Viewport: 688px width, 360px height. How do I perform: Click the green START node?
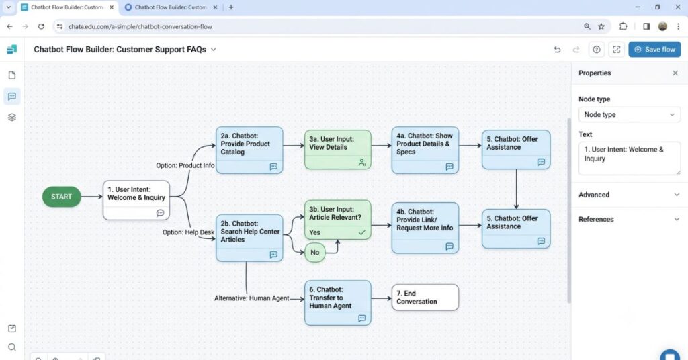pos(61,197)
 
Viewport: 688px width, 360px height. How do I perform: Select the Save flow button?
pos(654,50)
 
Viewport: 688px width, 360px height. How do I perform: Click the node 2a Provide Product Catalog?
pos(249,150)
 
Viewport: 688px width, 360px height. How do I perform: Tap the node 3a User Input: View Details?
pos(337,150)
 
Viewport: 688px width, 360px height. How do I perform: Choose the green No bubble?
pos(314,253)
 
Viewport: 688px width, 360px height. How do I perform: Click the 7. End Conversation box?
pos(425,298)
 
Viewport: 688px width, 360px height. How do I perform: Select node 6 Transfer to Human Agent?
pos(337,303)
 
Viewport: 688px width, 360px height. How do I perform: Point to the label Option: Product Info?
pos(185,165)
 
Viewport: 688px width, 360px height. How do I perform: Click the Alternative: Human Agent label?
pos(251,298)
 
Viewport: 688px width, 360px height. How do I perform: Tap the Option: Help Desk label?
pos(188,232)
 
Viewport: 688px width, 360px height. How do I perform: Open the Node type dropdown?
pos(629,114)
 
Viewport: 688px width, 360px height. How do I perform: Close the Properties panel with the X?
pos(675,73)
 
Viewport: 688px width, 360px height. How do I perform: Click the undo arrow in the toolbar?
pos(557,50)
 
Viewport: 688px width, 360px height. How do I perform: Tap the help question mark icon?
pos(597,50)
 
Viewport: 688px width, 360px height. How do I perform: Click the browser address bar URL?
pos(140,26)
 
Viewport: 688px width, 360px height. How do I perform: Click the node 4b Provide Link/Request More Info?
pos(425,228)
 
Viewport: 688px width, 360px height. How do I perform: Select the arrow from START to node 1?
pos(91,197)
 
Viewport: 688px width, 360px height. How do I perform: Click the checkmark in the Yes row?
pos(362,232)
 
